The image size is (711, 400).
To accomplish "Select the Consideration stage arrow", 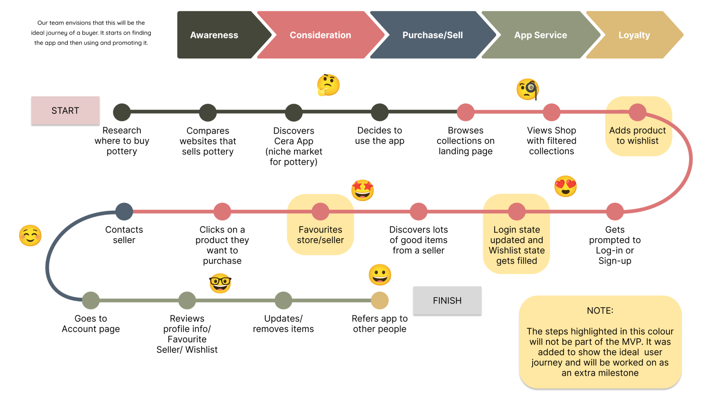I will (x=320, y=35).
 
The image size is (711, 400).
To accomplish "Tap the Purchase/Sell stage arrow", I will (x=432, y=35).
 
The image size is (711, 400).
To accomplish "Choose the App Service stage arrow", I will (x=540, y=35).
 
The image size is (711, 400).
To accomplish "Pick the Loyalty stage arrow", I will (x=634, y=35).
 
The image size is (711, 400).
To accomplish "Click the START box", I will (x=65, y=111).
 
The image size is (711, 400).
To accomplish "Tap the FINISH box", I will (x=447, y=301).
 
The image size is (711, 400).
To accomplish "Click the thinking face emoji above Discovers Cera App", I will (x=328, y=85).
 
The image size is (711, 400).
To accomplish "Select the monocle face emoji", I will (x=528, y=89).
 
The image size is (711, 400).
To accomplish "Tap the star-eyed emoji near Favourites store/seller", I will (x=363, y=190).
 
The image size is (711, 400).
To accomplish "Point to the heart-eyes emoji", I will (x=566, y=187).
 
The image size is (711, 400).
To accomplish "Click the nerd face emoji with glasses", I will (x=220, y=283).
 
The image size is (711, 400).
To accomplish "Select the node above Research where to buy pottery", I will (x=122, y=112).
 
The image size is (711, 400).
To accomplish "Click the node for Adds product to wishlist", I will (x=637, y=112).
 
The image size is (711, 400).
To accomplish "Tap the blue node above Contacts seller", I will (x=124, y=212).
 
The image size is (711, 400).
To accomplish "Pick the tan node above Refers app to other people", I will (x=380, y=300).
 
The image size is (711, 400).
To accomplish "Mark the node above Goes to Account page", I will (x=91, y=300).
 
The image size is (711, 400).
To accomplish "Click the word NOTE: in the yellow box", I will (x=600, y=311).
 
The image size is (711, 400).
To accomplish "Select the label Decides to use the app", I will (x=380, y=136).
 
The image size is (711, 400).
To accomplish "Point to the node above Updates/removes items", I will (x=283, y=300).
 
